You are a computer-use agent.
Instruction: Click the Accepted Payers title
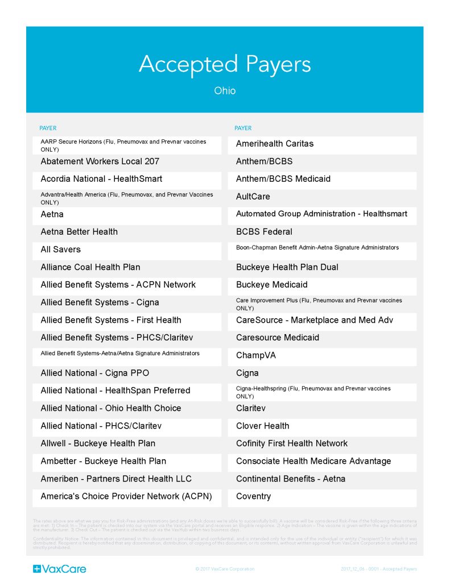pos(225,64)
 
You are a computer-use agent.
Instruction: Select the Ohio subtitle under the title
pos(225,91)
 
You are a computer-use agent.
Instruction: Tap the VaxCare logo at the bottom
pos(60,568)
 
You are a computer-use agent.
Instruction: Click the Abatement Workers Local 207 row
pos(100,161)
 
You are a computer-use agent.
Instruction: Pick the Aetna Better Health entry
pos(79,232)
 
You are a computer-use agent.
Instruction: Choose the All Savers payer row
pos(61,250)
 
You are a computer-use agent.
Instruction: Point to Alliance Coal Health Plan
pos(90,267)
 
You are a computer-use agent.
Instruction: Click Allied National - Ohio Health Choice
pos(111,408)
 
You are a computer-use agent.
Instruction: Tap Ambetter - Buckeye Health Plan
pos(104,461)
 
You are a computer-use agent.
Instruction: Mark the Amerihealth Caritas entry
pos(275,144)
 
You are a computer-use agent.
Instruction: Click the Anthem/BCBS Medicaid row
pos(283,179)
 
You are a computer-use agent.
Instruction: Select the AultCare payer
pos(253,197)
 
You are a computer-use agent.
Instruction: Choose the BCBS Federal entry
pos(265,232)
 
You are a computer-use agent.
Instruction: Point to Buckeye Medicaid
pos(272,285)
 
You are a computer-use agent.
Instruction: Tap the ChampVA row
pos(256,355)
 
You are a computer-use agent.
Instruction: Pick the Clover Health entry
pos(263,426)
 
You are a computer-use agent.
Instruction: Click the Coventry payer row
pos(254,496)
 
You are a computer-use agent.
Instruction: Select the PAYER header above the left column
pos(48,128)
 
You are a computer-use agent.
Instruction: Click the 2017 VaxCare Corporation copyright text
pos(225,569)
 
